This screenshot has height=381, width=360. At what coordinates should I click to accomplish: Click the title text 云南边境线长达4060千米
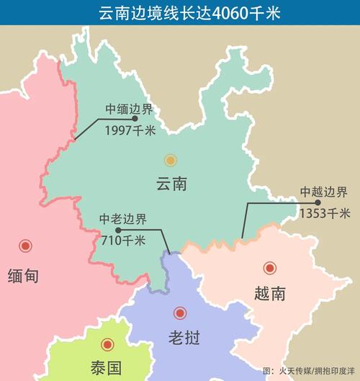point(179,12)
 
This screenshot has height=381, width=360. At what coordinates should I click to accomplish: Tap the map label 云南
point(171,184)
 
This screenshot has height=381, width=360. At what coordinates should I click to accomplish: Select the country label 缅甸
point(23,275)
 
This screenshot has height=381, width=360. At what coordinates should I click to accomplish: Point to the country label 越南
point(270,294)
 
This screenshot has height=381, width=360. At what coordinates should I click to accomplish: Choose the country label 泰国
point(106,368)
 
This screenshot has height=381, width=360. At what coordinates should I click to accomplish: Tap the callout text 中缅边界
point(130,110)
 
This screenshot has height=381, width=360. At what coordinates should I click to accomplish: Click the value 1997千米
point(130,130)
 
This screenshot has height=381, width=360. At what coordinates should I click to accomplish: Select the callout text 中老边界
point(123,220)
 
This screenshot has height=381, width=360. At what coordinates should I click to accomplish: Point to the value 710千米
point(123,240)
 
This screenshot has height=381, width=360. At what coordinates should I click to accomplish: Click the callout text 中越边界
point(325,192)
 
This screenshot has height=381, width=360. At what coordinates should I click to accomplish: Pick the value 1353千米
point(325,213)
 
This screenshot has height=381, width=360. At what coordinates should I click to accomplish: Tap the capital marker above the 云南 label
point(170,160)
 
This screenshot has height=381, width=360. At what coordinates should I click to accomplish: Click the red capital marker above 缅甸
point(27,246)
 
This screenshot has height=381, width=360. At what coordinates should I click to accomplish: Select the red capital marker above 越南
point(270,268)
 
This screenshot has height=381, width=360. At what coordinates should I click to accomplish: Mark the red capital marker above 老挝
point(180,313)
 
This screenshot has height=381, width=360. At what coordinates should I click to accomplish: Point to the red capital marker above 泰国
point(107,345)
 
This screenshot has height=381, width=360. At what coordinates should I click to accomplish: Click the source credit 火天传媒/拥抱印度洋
point(312,370)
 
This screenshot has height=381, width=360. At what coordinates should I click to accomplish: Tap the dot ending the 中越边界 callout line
point(297,203)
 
